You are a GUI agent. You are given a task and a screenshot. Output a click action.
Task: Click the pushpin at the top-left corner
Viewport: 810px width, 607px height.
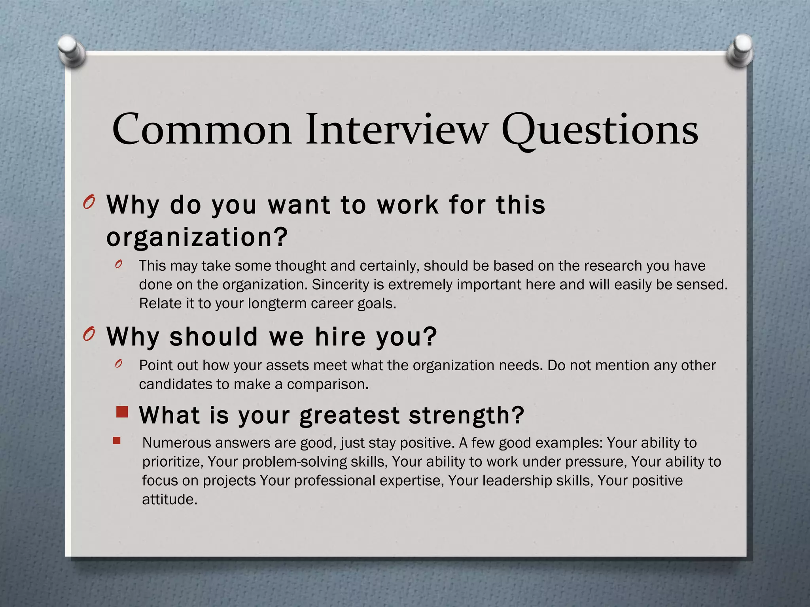[72, 51]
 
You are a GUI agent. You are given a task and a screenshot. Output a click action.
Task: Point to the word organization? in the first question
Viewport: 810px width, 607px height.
[197, 238]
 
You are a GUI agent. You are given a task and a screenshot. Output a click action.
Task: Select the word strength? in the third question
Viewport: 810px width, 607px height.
[466, 416]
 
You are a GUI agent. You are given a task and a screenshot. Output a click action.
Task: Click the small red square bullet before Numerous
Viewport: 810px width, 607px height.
[116, 441]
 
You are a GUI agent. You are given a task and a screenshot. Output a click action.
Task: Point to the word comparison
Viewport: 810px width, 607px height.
[328, 385]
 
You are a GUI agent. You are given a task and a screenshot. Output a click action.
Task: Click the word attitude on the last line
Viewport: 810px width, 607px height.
[169, 500]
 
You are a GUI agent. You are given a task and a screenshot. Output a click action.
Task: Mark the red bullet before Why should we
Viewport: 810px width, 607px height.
[89, 335]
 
